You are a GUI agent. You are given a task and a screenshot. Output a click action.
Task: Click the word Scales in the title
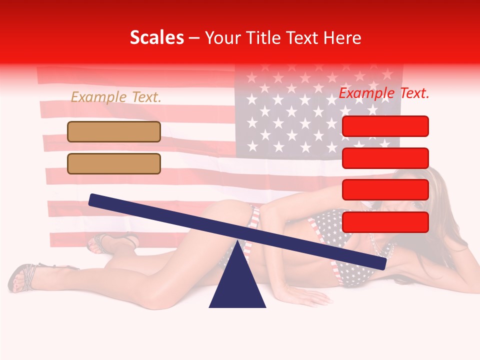pos(156,37)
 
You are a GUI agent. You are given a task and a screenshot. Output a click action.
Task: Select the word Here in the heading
pos(342,37)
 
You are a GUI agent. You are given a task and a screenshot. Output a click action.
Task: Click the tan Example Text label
pos(116,97)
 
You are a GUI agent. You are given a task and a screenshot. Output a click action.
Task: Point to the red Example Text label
pos(384,93)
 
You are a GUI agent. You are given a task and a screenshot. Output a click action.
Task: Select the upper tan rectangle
pos(114,131)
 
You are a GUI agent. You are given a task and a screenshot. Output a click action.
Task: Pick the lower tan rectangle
pos(114,163)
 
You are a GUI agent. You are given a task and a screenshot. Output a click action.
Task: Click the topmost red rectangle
pos(385,126)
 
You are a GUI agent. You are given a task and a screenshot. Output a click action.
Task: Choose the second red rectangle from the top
pos(385,158)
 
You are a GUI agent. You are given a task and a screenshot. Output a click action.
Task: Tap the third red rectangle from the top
pos(385,190)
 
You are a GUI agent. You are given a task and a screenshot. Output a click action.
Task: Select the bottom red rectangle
pos(385,222)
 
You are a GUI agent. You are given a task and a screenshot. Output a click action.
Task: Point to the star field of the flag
pos(315,115)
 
